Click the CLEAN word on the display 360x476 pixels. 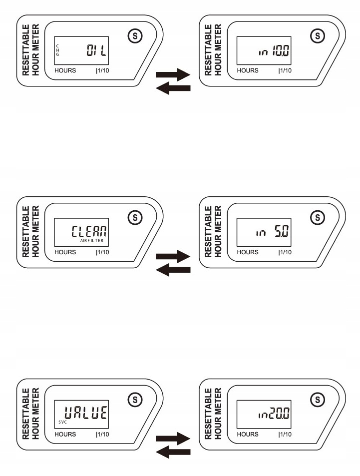click(x=90, y=231)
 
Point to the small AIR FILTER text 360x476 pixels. click(x=94, y=240)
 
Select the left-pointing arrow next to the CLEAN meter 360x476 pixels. click(x=173, y=270)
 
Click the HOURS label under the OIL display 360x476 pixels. click(x=65, y=70)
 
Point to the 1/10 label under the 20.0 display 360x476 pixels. click(x=285, y=435)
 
